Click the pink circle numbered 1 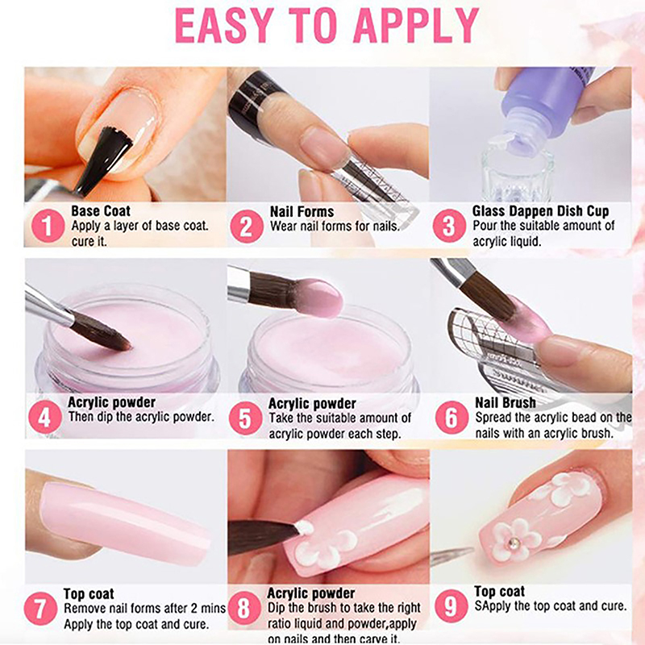48,226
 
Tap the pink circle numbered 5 246,418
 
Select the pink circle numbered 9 451,605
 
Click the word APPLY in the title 416,26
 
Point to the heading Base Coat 101,211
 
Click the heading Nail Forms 302,212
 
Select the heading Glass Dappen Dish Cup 540,211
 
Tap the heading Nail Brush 506,402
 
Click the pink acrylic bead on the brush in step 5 318,298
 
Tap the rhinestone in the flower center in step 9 514,543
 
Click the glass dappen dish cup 518,173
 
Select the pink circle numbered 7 40,609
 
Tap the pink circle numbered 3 449,226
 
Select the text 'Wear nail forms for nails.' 335,227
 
